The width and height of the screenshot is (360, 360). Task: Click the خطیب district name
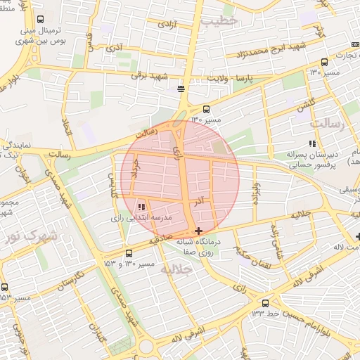[x=219, y=21]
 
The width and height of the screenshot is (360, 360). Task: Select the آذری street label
[x=114, y=49]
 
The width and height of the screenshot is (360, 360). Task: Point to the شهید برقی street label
[x=153, y=76]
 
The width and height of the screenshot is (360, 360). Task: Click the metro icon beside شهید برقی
[x=181, y=88]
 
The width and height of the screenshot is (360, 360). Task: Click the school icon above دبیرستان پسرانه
[x=311, y=144]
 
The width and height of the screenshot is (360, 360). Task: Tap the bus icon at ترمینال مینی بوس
[x=40, y=20]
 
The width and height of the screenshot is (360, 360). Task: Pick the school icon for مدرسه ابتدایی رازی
[x=141, y=207]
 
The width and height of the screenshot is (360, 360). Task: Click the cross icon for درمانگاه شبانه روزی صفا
[x=199, y=231]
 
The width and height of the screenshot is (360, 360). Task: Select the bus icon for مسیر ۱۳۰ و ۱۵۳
[x=128, y=253]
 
